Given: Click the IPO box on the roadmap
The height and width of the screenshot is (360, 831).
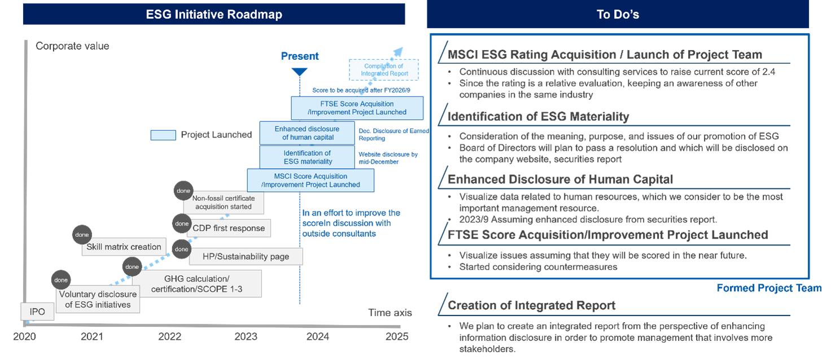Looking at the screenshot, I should tap(38, 311).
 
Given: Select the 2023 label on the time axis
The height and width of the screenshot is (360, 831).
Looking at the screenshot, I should tap(246, 337).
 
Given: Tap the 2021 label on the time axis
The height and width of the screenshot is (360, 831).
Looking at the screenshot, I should tap(92, 337).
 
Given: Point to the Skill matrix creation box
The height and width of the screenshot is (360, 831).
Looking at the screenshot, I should tap(124, 247).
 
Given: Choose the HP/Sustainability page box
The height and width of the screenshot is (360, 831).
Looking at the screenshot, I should tap(246, 256).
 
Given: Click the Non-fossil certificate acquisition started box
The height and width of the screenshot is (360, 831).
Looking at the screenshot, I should tap(224, 203).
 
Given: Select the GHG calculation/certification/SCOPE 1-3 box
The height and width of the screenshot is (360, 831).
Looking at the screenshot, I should tap(197, 284).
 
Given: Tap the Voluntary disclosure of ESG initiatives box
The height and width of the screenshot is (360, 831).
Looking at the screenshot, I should tap(98, 300).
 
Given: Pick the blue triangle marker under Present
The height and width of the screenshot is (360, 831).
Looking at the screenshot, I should tap(299, 72).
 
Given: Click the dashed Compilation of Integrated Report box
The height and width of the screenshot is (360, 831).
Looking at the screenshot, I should tap(384, 70).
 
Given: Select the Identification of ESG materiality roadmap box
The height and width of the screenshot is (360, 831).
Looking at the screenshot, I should tap(307, 157).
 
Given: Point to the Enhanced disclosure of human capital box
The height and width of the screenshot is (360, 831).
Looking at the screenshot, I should tap(307, 133).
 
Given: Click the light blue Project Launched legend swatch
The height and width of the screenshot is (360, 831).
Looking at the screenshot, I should tap(163, 135).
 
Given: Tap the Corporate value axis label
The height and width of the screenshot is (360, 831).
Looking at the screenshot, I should tap(72, 46).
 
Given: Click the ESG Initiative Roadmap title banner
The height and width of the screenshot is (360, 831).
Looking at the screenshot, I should tap(214, 14).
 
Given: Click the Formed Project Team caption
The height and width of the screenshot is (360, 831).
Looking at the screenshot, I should tap(769, 288).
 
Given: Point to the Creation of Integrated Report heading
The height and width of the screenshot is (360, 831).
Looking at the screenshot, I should tap(531, 305).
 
